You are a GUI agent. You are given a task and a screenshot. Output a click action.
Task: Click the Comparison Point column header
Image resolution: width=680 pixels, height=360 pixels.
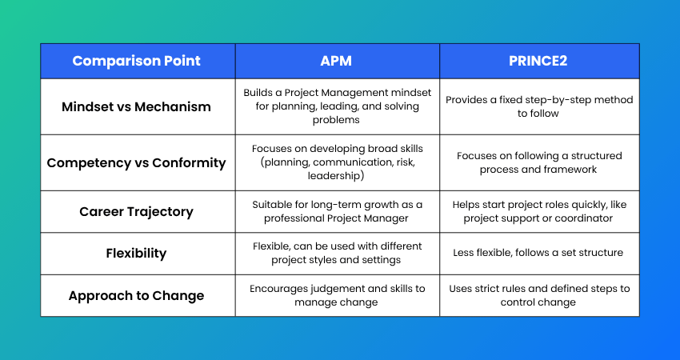click(x=136, y=61)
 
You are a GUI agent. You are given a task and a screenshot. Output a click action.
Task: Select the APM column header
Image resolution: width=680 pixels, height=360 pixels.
click(x=336, y=61)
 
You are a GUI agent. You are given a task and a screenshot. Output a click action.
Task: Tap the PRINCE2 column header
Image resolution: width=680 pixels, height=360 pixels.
click(x=538, y=61)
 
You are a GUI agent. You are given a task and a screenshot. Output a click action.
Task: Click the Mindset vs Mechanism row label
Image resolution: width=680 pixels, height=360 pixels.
click(x=136, y=106)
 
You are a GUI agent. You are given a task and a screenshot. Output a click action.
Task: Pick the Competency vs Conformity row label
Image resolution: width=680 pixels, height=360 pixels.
click(x=136, y=162)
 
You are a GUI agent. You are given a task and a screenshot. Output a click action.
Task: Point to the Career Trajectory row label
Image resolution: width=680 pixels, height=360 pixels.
click(x=136, y=212)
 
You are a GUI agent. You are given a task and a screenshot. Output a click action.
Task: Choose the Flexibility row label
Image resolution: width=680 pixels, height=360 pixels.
click(x=136, y=253)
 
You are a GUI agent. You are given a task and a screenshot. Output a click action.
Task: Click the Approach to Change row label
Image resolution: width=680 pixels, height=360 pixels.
click(x=136, y=295)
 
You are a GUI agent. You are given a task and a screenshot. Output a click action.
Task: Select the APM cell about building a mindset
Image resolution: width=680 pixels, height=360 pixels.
click(x=338, y=106)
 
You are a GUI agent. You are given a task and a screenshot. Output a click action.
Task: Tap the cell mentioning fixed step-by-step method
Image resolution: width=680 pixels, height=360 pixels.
click(x=539, y=106)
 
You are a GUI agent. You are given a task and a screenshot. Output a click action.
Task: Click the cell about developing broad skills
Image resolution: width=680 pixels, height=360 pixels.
click(x=338, y=162)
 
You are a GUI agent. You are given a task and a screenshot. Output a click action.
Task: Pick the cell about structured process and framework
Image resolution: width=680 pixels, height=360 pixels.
click(x=539, y=162)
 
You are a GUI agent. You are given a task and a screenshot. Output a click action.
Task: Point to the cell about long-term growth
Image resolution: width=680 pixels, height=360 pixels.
click(x=338, y=211)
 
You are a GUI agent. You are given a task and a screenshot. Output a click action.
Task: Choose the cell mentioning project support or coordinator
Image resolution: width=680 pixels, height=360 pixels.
click(x=539, y=211)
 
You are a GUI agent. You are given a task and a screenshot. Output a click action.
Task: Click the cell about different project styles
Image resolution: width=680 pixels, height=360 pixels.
click(x=338, y=253)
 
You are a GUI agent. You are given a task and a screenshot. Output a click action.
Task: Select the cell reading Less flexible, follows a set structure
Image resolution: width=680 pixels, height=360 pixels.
click(x=538, y=253)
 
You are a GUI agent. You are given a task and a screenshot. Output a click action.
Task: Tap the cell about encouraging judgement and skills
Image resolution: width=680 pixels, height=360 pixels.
click(x=338, y=295)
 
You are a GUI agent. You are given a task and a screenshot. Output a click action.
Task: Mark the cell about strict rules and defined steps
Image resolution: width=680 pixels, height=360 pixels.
click(x=539, y=295)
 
